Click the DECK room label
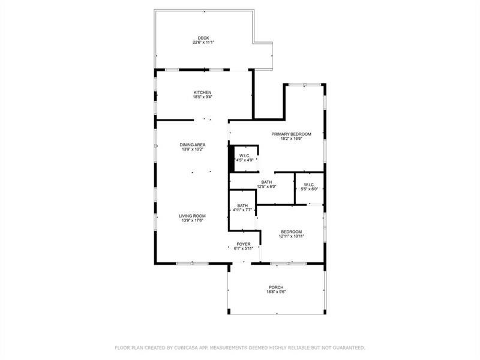point(203,38)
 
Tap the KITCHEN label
point(202,92)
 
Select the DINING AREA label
point(193,145)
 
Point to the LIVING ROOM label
point(192,216)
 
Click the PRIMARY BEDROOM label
point(292,134)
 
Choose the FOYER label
point(244,244)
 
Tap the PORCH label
point(276,287)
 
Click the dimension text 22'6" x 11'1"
point(203,42)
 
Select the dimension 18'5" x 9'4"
point(202,97)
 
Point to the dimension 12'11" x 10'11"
point(292,236)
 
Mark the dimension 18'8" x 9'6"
point(276,292)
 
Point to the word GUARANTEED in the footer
point(350,348)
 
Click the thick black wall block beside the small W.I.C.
point(232,159)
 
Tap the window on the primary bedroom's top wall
point(305,85)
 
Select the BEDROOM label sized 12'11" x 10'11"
point(292,232)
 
